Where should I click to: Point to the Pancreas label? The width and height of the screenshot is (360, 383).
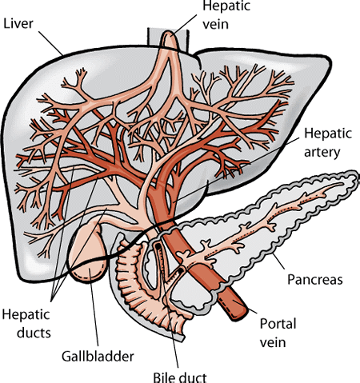[314, 281]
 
